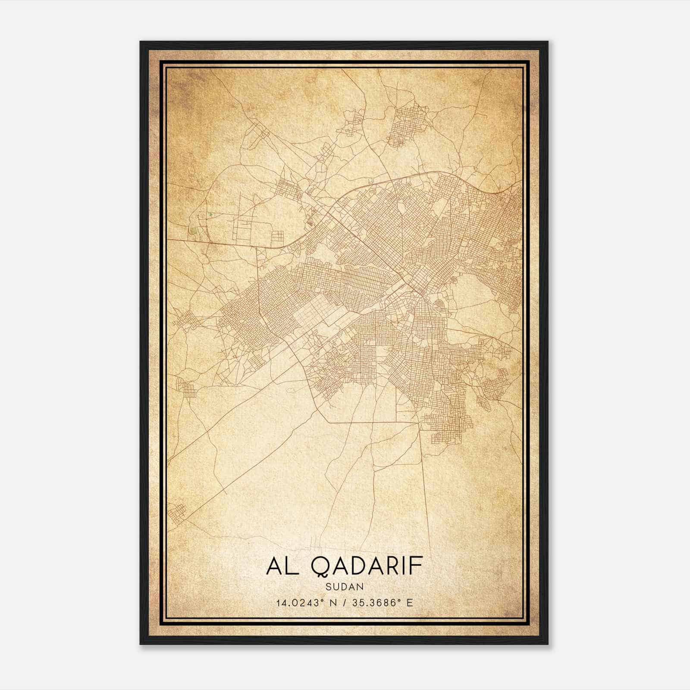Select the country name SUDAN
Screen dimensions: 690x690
point(345,586)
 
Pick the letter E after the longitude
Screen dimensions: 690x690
point(410,602)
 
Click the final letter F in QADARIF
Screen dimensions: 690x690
point(417,566)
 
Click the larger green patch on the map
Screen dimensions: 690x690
point(193,231)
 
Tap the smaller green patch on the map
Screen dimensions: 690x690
point(210,214)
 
